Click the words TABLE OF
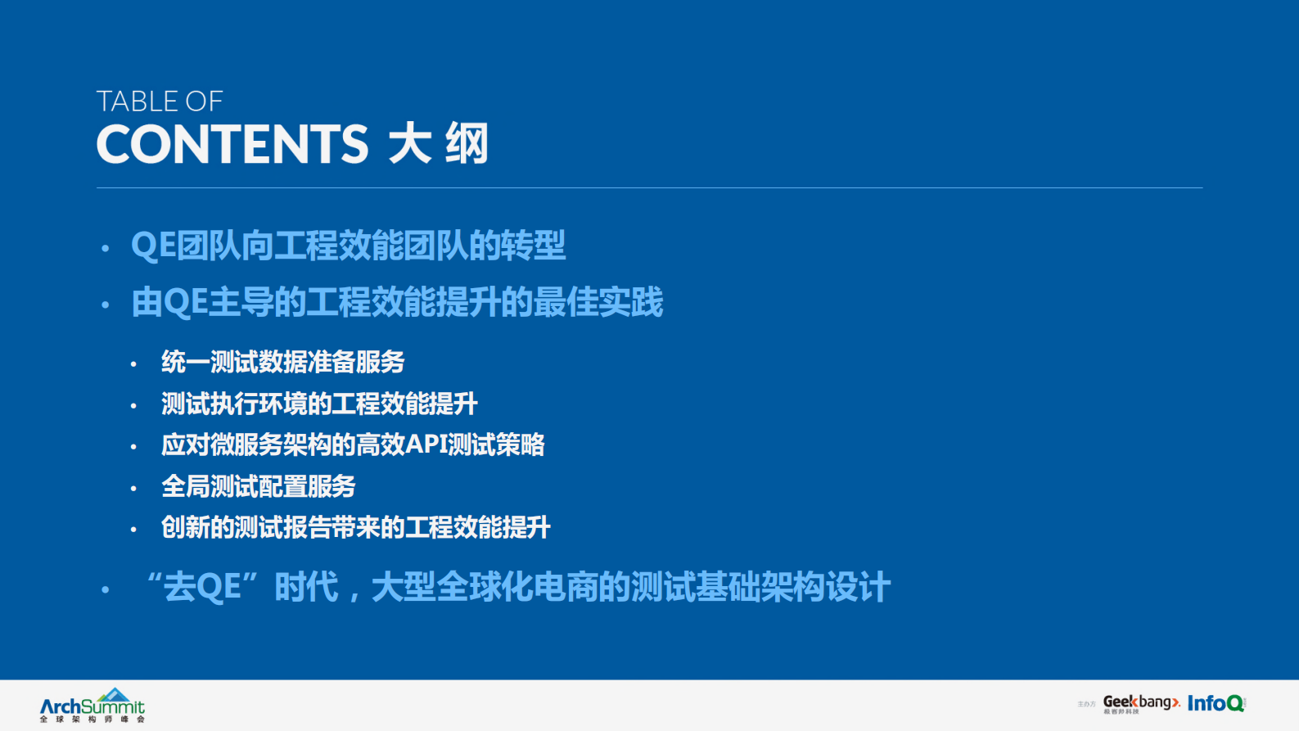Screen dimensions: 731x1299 pyautogui.click(x=160, y=102)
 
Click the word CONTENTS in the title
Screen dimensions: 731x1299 pyautogui.click(x=232, y=144)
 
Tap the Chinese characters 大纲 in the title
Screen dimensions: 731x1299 pyautogui.click(x=439, y=144)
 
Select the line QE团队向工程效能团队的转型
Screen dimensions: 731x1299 pyautogui.click(x=348, y=246)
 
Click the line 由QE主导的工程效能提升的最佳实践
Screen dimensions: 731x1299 pyautogui.click(x=397, y=302)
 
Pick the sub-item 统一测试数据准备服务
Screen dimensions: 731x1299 pyautogui.click(x=282, y=362)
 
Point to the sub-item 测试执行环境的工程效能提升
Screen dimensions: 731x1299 pyautogui.click(x=319, y=404)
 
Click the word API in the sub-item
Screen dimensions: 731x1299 pyautogui.click(x=426, y=444)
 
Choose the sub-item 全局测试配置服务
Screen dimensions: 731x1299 pyautogui.click(x=258, y=486)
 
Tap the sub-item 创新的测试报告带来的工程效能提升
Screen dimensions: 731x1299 pyautogui.click(x=355, y=527)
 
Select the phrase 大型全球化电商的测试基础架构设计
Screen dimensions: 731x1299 pyautogui.click(x=630, y=587)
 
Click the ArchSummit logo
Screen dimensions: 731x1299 pyautogui.click(x=92, y=706)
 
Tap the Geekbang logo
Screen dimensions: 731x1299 pyautogui.click(x=1141, y=703)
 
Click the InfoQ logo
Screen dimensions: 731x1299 pyautogui.click(x=1216, y=703)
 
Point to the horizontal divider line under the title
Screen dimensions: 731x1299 pyautogui.click(x=649, y=188)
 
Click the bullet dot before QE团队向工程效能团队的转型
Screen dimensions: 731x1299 pyautogui.click(x=105, y=247)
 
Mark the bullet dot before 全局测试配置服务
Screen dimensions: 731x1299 pyautogui.click(x=133, y=489)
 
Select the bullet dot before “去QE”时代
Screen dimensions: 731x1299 pyautogui.click(x=105, y=589)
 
